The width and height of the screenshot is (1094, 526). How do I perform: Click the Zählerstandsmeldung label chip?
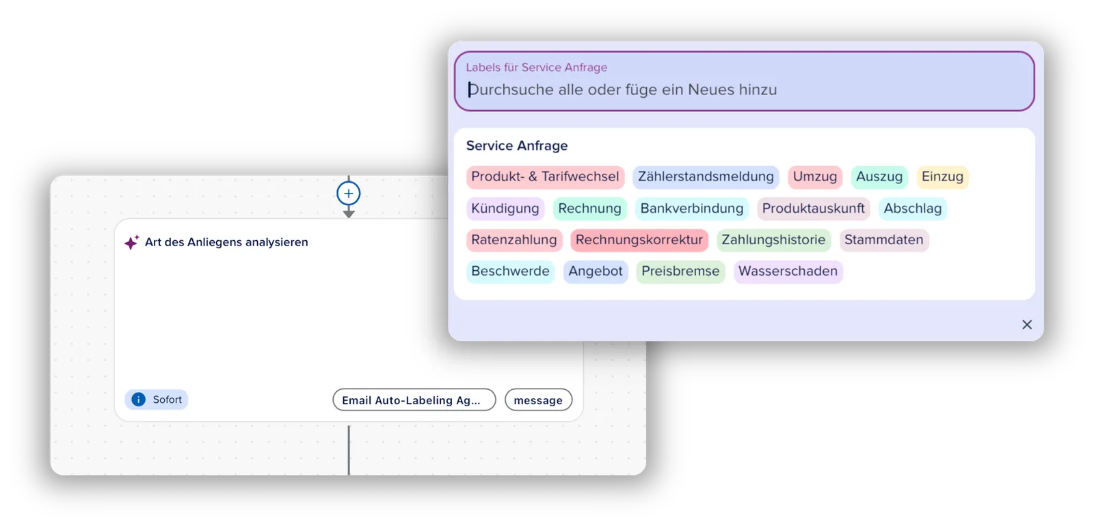706,176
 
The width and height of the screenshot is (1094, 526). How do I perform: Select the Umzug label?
814,176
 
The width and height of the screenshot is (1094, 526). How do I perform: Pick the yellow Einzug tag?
942,176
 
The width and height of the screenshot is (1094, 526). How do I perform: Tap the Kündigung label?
505,209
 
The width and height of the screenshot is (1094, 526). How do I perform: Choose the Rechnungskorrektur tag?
639,240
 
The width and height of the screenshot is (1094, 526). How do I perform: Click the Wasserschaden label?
788,271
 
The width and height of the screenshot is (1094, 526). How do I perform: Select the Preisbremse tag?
680,271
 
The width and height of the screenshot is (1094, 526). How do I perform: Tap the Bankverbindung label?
691,209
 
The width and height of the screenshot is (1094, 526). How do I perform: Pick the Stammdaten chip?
883,240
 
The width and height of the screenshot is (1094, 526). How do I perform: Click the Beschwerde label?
510,271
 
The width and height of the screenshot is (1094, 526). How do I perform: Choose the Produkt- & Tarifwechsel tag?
545,176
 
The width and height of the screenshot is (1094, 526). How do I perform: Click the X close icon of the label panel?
1026,325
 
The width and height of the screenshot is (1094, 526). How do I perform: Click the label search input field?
745,81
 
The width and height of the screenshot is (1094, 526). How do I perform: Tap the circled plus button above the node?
348,194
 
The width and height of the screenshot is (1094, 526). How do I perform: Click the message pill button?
538,400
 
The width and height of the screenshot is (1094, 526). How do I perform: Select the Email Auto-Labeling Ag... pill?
414,400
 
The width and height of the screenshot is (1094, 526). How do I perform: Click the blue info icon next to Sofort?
139,399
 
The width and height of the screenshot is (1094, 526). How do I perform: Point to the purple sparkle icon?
131,241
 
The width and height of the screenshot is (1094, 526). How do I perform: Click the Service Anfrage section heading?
517,146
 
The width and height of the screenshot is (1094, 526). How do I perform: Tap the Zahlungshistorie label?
773,240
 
